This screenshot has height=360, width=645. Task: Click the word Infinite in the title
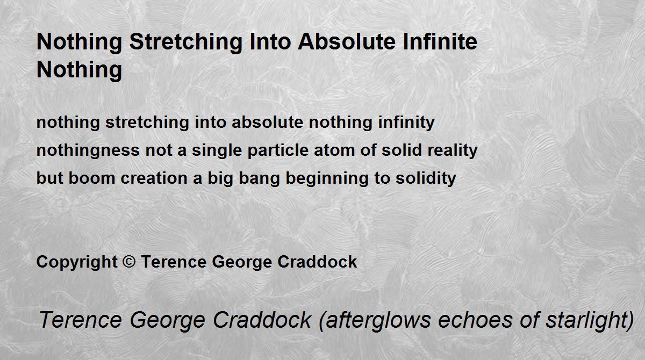point(440,42)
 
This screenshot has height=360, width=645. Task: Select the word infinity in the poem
point(406,123)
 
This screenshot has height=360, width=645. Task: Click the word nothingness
point(88,150)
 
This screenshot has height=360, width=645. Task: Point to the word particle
point(278,150)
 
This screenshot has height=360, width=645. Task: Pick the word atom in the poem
point(334,151)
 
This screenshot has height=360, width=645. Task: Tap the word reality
point(453,150)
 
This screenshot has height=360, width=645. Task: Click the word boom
point(92,178)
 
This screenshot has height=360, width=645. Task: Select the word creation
point(154,178)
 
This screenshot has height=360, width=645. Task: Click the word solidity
point(426,178)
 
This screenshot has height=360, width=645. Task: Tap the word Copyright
point(77,262)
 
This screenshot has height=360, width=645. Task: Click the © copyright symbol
point(129,262)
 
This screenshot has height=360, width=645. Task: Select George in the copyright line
point(242,262)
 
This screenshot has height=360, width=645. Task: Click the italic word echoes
point(475,320)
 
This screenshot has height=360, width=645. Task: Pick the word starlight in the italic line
point(590,320)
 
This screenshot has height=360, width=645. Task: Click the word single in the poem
point(217,150)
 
